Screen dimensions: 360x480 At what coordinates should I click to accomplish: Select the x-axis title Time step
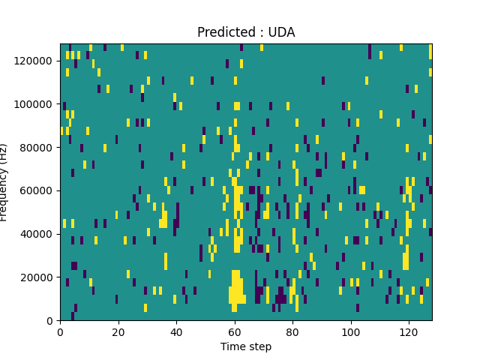246,346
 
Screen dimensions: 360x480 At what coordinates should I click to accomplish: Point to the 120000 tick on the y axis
35,61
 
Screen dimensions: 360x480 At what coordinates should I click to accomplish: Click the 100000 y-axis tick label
35,104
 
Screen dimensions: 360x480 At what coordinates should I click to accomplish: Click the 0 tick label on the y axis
51,321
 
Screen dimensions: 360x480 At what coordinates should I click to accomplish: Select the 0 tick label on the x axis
61,331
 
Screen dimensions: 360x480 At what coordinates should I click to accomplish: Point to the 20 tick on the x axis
118,331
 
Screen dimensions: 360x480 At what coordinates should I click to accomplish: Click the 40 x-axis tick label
176,331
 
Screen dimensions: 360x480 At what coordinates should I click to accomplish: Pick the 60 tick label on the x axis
234,331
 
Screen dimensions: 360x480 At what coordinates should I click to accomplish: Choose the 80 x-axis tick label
292,331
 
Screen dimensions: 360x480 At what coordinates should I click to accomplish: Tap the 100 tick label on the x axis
350,331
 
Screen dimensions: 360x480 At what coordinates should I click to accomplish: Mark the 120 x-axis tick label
408,331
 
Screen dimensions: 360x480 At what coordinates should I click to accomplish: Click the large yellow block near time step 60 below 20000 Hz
235,289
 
